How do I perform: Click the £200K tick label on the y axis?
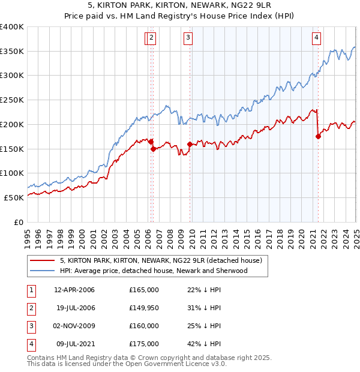pos(12,124)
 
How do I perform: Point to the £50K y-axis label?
pos(14,197)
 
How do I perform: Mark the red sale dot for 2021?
pos(318,136)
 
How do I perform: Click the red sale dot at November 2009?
pos(190,144)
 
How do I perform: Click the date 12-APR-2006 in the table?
pos(74,290)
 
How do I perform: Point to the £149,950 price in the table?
pos(143,308)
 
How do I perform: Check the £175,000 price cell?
pos(143,344)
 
